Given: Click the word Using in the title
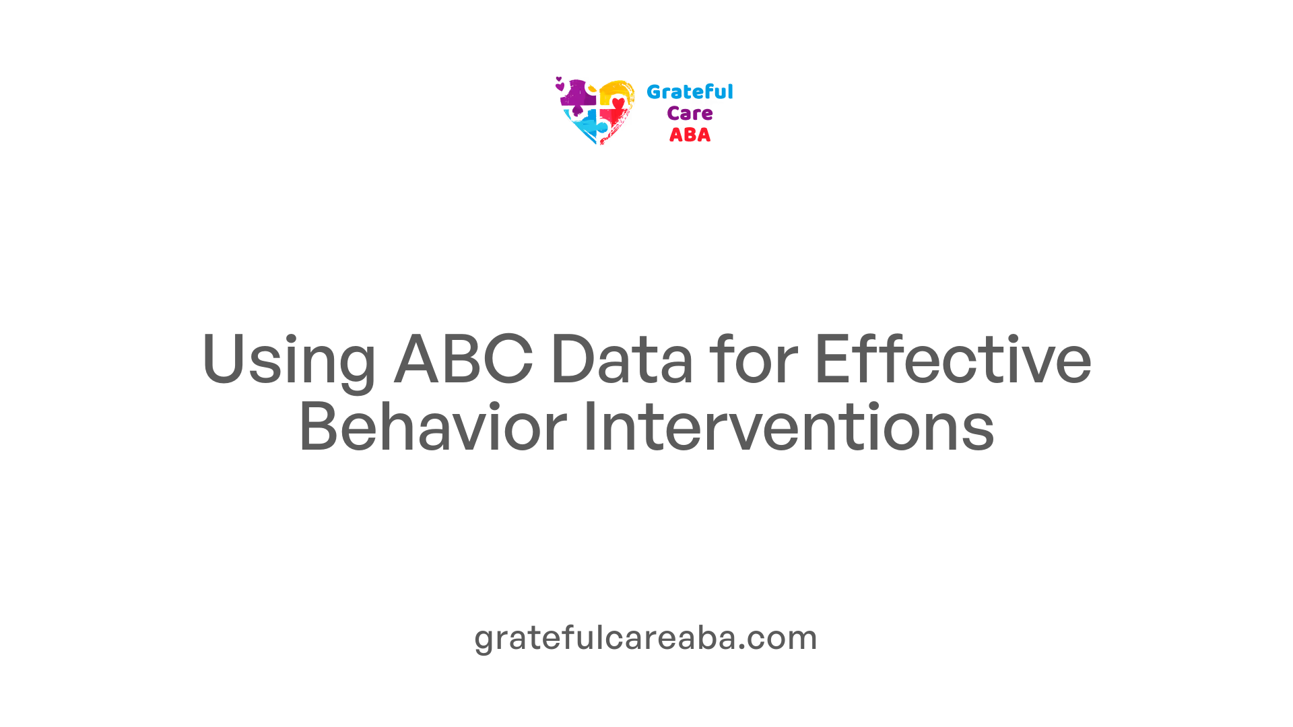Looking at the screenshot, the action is click(289, 361).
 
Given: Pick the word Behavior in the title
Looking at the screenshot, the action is click(432, 425).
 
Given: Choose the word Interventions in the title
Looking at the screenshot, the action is click(789, 425).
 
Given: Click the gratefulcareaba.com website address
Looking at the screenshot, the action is click(646, 637).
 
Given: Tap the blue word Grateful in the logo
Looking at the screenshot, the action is click(690, 92).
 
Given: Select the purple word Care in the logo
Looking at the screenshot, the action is click(690, 114).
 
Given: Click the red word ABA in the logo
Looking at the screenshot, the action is click(690, 135).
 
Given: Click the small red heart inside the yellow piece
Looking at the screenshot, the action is click(618, 103).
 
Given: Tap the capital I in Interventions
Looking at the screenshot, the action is click(589, 425).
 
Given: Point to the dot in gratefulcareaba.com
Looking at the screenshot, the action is click(742, 648).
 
